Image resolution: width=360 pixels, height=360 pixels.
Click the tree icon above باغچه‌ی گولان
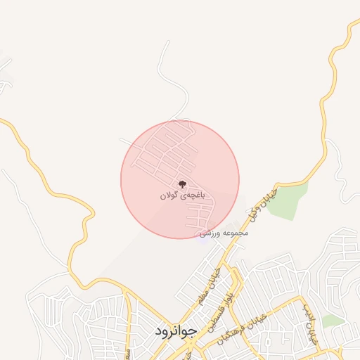click(x=183, y=185)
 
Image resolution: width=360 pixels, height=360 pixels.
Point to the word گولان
click(x=169, y=196)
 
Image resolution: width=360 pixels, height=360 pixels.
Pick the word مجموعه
click(x=233, y=233)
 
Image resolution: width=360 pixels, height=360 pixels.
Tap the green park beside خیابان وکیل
click(x=288, y=200)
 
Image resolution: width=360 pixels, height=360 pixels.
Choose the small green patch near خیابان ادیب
click(x=335, y=321)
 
